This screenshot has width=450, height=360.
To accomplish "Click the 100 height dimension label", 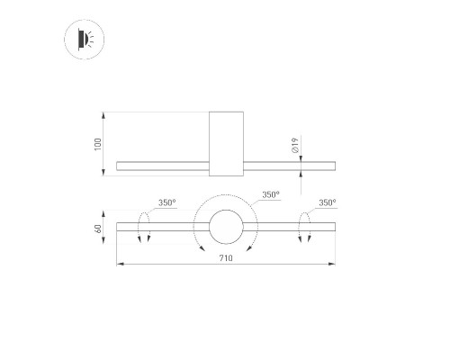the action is (98, 144).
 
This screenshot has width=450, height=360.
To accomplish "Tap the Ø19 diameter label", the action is (295, 146).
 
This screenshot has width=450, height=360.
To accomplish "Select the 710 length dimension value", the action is (226, 258).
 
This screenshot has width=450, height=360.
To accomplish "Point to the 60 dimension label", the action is (98, 229).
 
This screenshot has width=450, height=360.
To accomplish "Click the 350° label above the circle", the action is (271, 194).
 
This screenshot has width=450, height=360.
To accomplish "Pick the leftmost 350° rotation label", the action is (167, 202).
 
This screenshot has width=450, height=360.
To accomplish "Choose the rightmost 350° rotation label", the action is (328, 202).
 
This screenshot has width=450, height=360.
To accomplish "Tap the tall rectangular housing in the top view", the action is (226, 144).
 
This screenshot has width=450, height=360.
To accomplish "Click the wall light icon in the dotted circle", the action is (85, 40).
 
